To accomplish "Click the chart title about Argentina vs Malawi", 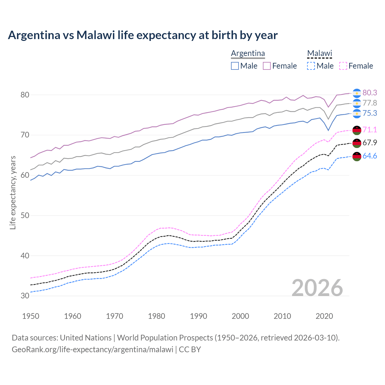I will click(x=143, y=35).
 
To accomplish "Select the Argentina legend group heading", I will click(x=248, y=53).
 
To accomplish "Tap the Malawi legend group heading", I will click(x=319, y=53).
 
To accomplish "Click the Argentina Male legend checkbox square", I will click(x=235, y=66).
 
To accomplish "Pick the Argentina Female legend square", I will click(x=267, y=66).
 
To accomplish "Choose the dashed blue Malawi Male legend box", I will click(x=311, y=66).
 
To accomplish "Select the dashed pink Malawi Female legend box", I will click(x=343, y=66).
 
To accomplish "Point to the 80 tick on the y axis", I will click(x=25, y=95).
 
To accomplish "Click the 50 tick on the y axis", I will click(x=25, y=215).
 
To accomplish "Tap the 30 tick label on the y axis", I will click(x=25, y=296).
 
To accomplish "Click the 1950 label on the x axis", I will click(x=31, y=316).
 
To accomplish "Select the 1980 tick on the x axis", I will click(x=156, y=316).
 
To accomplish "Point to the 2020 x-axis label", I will click(x=324, y=316).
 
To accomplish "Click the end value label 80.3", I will click(x=370, y=93).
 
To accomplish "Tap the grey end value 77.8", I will click(x=370, y=103).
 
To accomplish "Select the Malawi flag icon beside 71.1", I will click(x=357, y=130).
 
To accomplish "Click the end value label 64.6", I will click(x=370, y=156).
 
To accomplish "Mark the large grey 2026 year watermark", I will click(x=317, y=288).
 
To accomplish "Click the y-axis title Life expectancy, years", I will click(x=13, y=192).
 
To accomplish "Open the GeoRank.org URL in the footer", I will click(x=92, y=350).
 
